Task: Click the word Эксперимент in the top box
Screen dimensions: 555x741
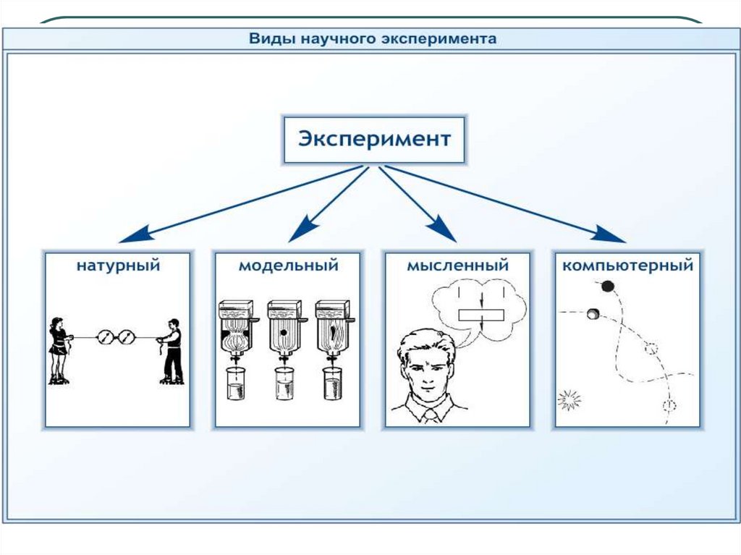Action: (374, 138)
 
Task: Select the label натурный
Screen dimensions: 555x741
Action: (118, 266)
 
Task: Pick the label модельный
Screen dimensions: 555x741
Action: (288, 266)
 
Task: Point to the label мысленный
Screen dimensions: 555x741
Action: (457, 266)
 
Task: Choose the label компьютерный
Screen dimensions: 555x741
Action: (627, 266)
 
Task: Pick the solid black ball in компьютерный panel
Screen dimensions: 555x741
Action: (608, 286)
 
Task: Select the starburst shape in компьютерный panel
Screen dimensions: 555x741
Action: (570, 399)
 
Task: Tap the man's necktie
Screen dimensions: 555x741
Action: (430, 415)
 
